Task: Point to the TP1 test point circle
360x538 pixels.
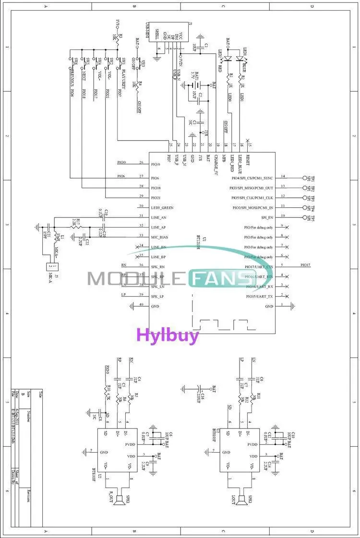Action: pyautogui.click(x=304, y=178)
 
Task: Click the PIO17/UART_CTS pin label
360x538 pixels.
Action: pyautogui.click(x=259, y=267)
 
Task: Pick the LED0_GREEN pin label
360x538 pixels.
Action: pyautogui.click(x=162, y=208)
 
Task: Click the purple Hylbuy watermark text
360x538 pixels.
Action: pyautogui.click(x=168, y=335)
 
